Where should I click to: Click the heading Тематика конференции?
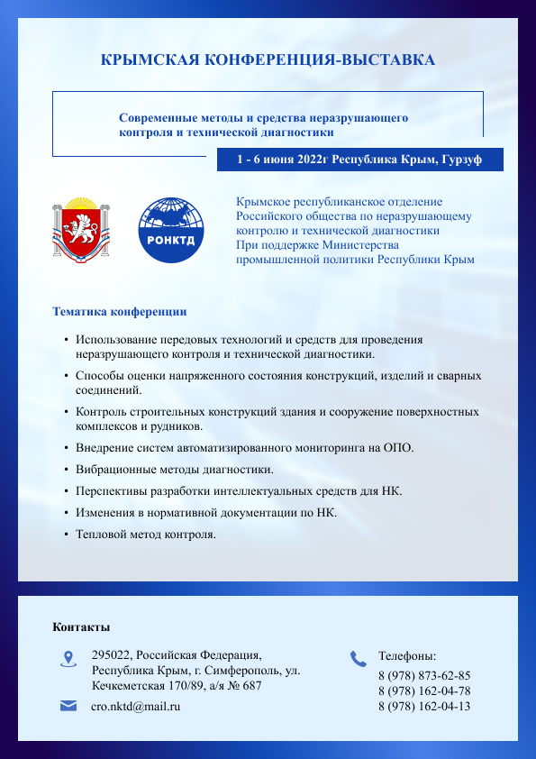pos(120,312)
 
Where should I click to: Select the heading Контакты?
pos(81,626)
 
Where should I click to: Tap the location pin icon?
pos(68,658)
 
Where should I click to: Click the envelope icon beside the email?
pos(68,706)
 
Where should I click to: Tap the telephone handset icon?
pos(358,658)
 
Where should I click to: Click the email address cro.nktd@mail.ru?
pos(136,707)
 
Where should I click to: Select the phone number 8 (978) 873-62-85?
pos(423,675)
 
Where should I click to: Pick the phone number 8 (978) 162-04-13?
pos(423,706)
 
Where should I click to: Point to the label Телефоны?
pos(407,656)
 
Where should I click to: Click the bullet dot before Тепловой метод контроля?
pos(67,535)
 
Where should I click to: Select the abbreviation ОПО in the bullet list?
pos(398,448)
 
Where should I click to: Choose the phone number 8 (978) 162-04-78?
pos(423,690)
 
